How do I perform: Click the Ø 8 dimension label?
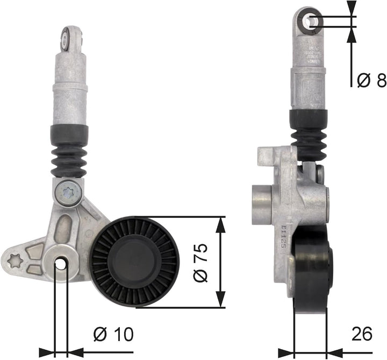tap(371, 81)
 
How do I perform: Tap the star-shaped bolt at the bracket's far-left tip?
tap(17, 261)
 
